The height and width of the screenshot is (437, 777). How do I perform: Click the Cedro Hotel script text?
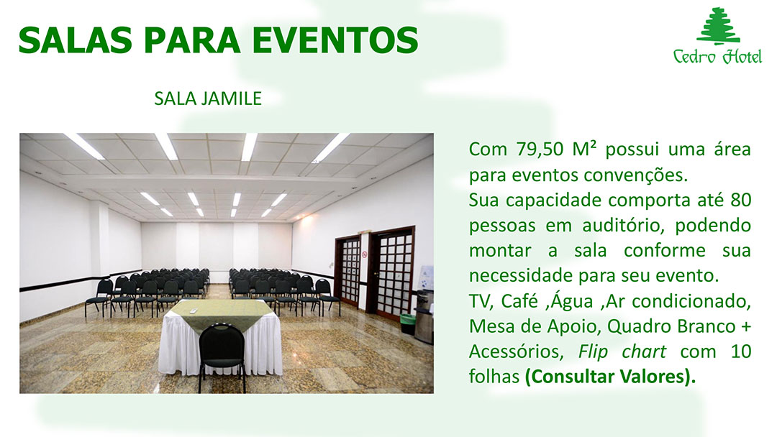717,56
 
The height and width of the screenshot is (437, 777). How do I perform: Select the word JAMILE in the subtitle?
232,98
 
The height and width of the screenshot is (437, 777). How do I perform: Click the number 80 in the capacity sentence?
741,200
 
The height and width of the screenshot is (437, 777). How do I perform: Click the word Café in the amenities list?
519,301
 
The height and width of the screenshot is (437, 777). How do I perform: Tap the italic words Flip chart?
622,352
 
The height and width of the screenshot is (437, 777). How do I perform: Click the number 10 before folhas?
741,351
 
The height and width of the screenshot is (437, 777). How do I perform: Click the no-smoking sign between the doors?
365,254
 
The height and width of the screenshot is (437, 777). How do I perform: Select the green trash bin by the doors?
407,323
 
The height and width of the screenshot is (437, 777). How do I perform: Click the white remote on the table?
194,310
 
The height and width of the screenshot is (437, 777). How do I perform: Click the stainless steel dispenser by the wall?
424,317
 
